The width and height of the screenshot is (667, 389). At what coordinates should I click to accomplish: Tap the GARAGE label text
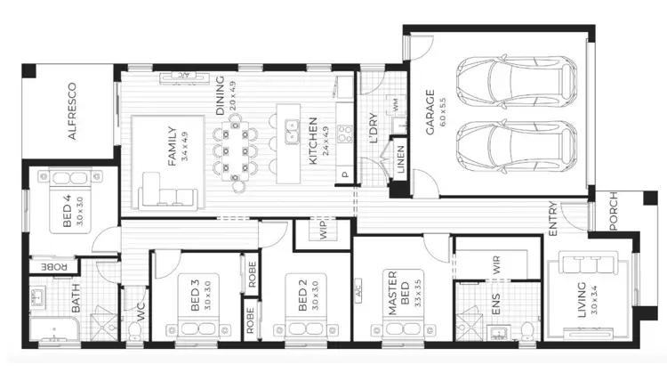[x=430, y=112]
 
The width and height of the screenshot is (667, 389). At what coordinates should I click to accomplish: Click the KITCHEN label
[x=313, y=142]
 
